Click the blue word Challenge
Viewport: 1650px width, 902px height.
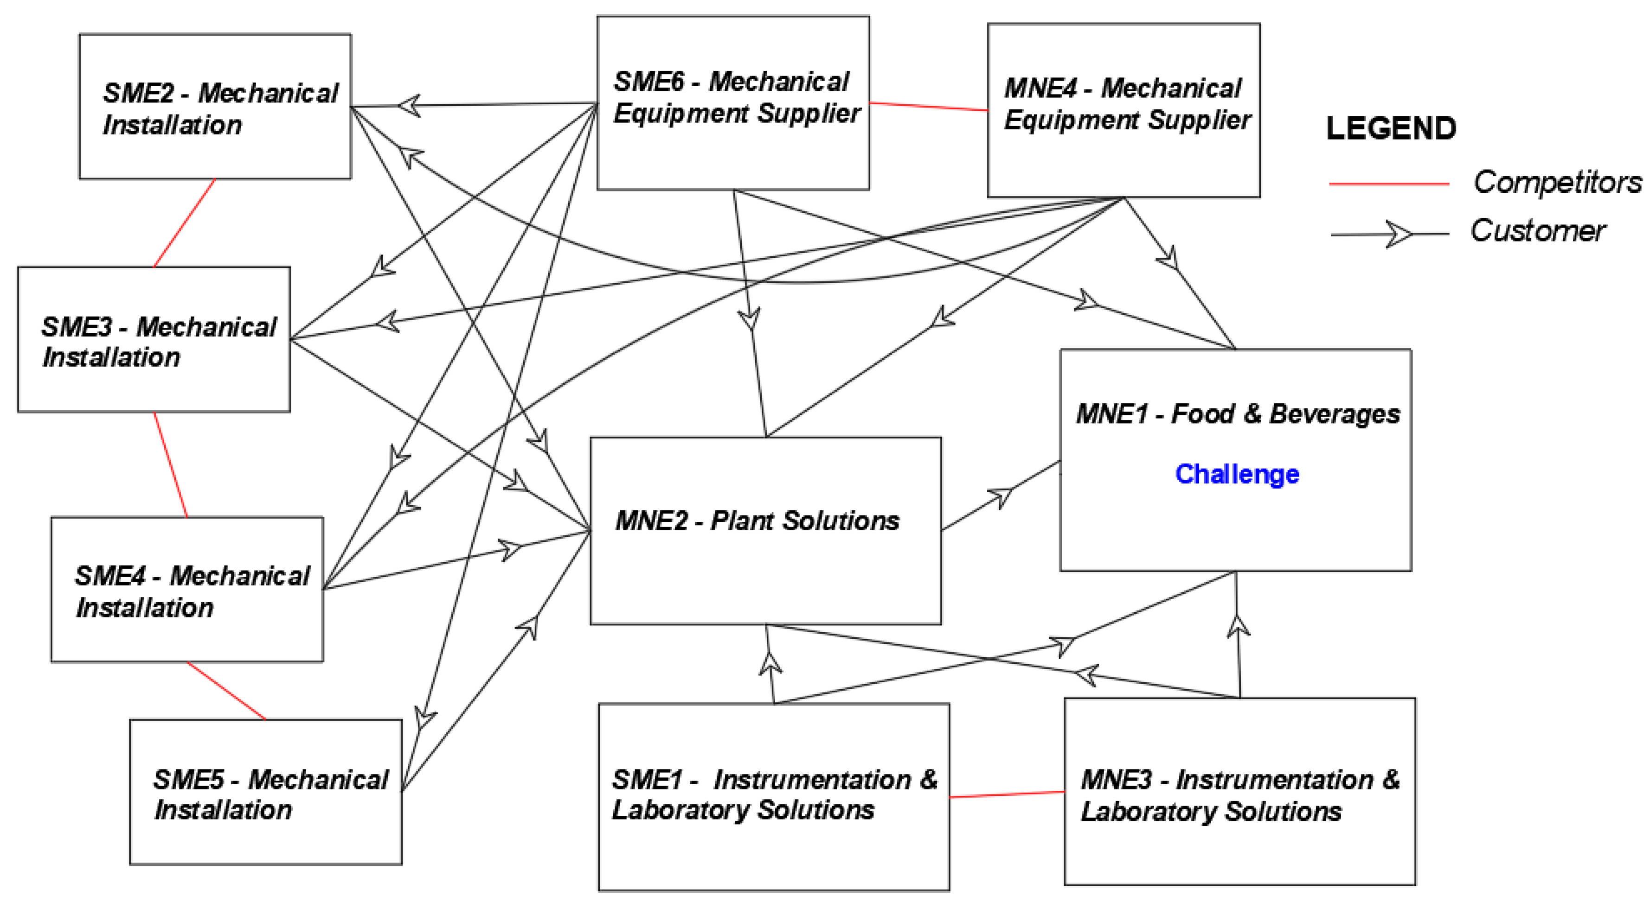pyautogui.click(x=1236, y=474)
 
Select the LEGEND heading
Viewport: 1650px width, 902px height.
pyautogui.click(x=1391, y=129)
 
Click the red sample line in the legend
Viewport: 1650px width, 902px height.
pyautogui.click(x=1389, y=184)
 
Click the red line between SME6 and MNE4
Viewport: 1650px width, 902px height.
pyautogui.click(x=928, y=106)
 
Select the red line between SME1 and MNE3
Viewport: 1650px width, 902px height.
pyautogui.click(x=1006, y=794)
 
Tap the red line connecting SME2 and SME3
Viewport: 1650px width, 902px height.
pyautogui.click(x=185, y=223)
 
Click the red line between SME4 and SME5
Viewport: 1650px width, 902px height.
pyautogui.click(x=226, y=691)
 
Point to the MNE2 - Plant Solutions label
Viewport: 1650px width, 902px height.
pyautogui.click(x=757, y=521)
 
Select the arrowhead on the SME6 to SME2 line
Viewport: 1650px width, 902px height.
pyautogui.click(x=410, y=105)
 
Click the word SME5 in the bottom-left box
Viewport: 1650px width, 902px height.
pyautogui.click(x=188, y=780)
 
